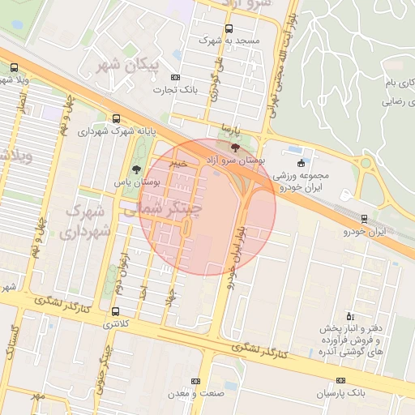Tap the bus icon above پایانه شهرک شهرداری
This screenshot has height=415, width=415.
click(117, 118)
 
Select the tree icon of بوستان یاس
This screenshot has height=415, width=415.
click(135, 170)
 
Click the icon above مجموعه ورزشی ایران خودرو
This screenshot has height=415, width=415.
click(302, 162)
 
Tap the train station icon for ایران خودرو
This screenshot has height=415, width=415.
click(364, 219)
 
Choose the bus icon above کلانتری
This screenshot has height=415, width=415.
click(116, 310)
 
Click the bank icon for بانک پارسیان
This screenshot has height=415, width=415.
click(340, 380)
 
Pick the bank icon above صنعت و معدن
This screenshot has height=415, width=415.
click(195, 381)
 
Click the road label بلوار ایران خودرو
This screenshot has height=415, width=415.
click(235, 252)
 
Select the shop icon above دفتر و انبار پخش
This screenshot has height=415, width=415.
click(350, 315)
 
